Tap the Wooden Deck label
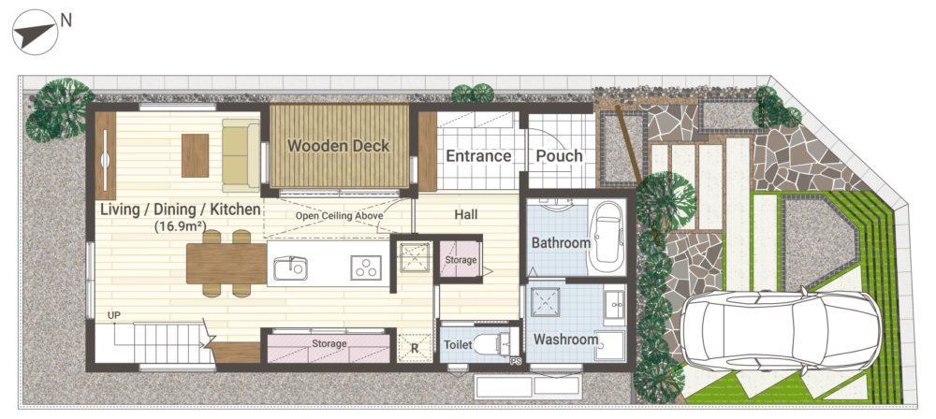coord(339,145)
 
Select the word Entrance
coord(478,156)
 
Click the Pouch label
coord(560,156)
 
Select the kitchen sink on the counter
coord(291,268)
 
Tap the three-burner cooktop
coord(366,267)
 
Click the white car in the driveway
coord(781,330)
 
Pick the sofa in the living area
coord(241,155)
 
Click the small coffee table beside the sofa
coord(196,155)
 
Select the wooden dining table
coord(227,263)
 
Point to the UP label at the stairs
coord(114,315)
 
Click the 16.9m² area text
coord(180,226)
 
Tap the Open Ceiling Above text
coord(339,215)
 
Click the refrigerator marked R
coord(415,349)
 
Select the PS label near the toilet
coord(516,361)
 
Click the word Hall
coord(466,213)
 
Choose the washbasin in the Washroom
coord(614,306)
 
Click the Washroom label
coord(566,340)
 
